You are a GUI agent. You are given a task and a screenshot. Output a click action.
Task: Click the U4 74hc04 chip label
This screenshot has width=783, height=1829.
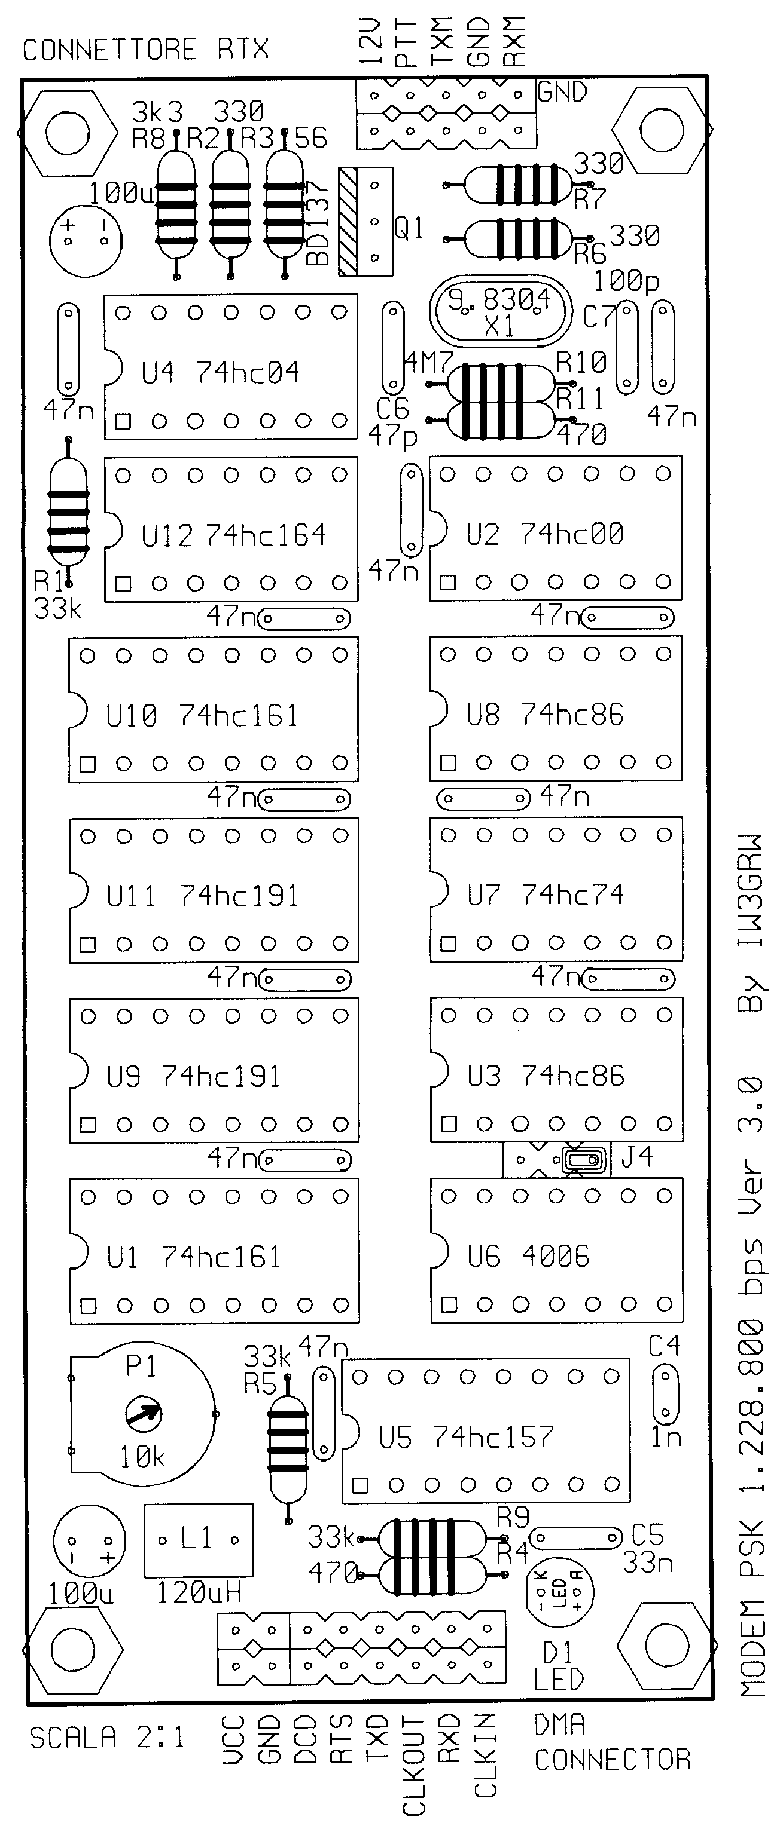coord(220,372)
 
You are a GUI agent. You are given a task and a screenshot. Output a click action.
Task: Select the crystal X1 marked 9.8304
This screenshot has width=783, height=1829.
coord(499,313)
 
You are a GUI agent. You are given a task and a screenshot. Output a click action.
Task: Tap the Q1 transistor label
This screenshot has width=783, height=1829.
coord(409,229)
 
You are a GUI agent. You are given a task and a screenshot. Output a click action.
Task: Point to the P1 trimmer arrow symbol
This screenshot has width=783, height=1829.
coord(143,1414)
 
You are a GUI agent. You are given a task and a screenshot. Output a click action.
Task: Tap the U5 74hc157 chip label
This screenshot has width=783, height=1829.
coord(465,1438)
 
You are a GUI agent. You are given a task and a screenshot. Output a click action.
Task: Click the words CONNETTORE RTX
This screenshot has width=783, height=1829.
coord(146,50)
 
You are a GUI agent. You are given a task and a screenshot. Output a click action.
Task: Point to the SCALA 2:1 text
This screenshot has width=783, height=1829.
coord(106,1738)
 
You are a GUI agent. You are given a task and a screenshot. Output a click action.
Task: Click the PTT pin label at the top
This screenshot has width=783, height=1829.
coord(405,43)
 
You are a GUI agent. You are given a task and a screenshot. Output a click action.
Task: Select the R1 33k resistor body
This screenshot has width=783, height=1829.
coord(68,512)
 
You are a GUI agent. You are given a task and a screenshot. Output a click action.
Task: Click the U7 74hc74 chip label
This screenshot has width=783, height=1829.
coord(545,895)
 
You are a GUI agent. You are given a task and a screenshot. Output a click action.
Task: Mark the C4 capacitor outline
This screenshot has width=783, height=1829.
coord(665,1395)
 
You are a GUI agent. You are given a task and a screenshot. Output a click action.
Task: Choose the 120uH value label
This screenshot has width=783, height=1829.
coord(199,1594)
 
